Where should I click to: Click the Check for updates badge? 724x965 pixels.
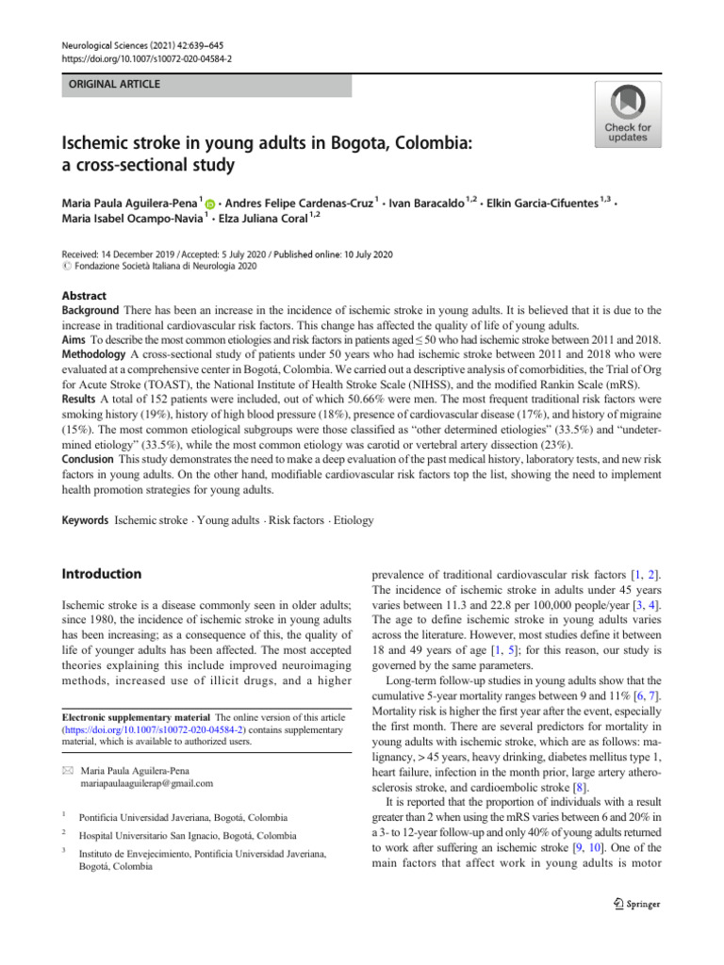pyautogui.click(x=627, y=114)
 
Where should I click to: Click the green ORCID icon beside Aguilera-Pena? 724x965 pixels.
pyautogui.click(x=209, y=203)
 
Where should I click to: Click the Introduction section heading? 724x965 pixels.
pyautogui.click(x=102, y=574)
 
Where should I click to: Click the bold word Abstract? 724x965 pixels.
pyautogui.click(x=84, y=295)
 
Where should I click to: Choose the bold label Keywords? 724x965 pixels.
pyautogui.click(x=85, y=520)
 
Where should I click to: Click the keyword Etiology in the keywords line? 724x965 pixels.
pyautogui.click(x=354, y=520)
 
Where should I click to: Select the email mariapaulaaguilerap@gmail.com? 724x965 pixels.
pyautogui.click(x=148, y=783)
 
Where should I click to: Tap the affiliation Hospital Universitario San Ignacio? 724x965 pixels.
pyautogui.click(x=186, y=835)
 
